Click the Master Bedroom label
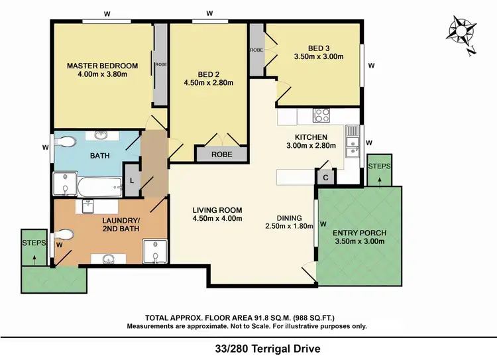[102, 66]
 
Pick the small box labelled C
[325, 177]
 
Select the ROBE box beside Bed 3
[256, 50]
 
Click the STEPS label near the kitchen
[379, 166]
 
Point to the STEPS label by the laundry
[33, 243]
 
